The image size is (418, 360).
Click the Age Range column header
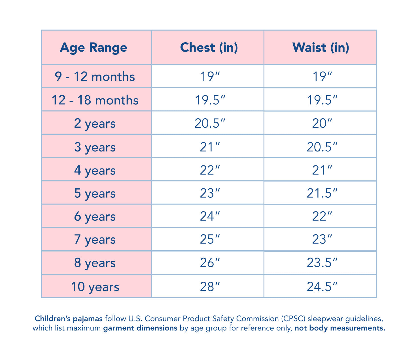pos(94,48)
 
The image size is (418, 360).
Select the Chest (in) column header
pos(209,48)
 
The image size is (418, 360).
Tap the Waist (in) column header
pos(321,48)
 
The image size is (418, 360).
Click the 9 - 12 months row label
pos(95,77)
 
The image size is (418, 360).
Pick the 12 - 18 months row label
pos(95,100)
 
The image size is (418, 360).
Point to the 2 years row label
pos(95,123)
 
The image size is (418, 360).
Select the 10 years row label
pos(95,287)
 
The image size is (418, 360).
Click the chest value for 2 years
pos(210,123)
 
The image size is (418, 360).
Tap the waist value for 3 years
pos(322,147)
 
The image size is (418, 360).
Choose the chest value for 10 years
pos(210,287)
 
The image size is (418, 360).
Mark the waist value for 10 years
pos(322,287)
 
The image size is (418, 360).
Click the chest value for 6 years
pos(210,216)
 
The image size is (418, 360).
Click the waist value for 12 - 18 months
pos(322,100)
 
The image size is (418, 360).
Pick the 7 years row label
pos(95,240)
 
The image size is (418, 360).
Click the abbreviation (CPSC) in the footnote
pos(293,319)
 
